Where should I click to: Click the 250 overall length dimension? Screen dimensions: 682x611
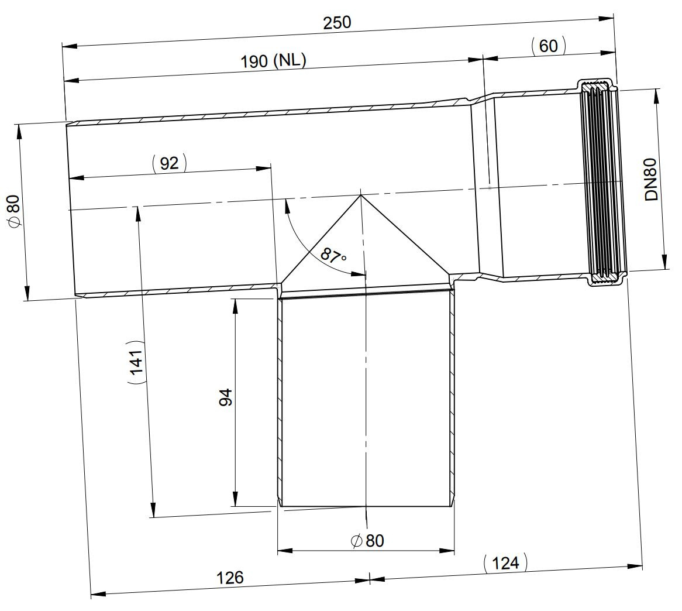click(x=337, y=23)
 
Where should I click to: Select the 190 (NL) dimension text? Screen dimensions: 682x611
click(x=274, y=60)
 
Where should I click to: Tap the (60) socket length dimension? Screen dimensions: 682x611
click(x=549, y=46)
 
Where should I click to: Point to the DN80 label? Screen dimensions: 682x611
click(x=652, y=179)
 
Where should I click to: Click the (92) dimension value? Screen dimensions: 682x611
click(x=169, y=163)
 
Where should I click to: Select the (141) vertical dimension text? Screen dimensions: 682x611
click(x=136, y=362)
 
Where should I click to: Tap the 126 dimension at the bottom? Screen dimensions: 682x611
click(x=230, y=578)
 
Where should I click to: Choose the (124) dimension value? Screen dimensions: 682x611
click(x=505, y=562)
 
